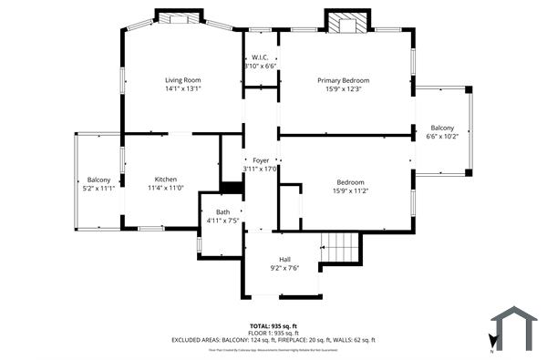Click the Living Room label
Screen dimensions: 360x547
click(182, 80)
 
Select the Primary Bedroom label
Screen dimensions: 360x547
click(349, 80)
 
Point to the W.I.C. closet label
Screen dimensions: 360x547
click(260, 57)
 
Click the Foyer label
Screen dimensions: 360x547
click(261, 160)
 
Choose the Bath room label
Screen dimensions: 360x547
click(222, 211)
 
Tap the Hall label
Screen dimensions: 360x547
click(284, 259)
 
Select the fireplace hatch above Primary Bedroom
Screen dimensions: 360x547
click(347, 24)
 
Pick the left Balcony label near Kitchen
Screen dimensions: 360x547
click(98, 180)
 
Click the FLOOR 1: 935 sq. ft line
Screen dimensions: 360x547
click(273, 333)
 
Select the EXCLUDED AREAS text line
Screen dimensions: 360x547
click(273, 340)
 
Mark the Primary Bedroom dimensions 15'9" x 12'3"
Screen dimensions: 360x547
click(349, 89)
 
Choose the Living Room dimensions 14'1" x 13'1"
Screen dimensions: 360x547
click(182, 89)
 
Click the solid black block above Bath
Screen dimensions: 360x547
click(232, 188)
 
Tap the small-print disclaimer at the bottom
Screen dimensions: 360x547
click(273, 349)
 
